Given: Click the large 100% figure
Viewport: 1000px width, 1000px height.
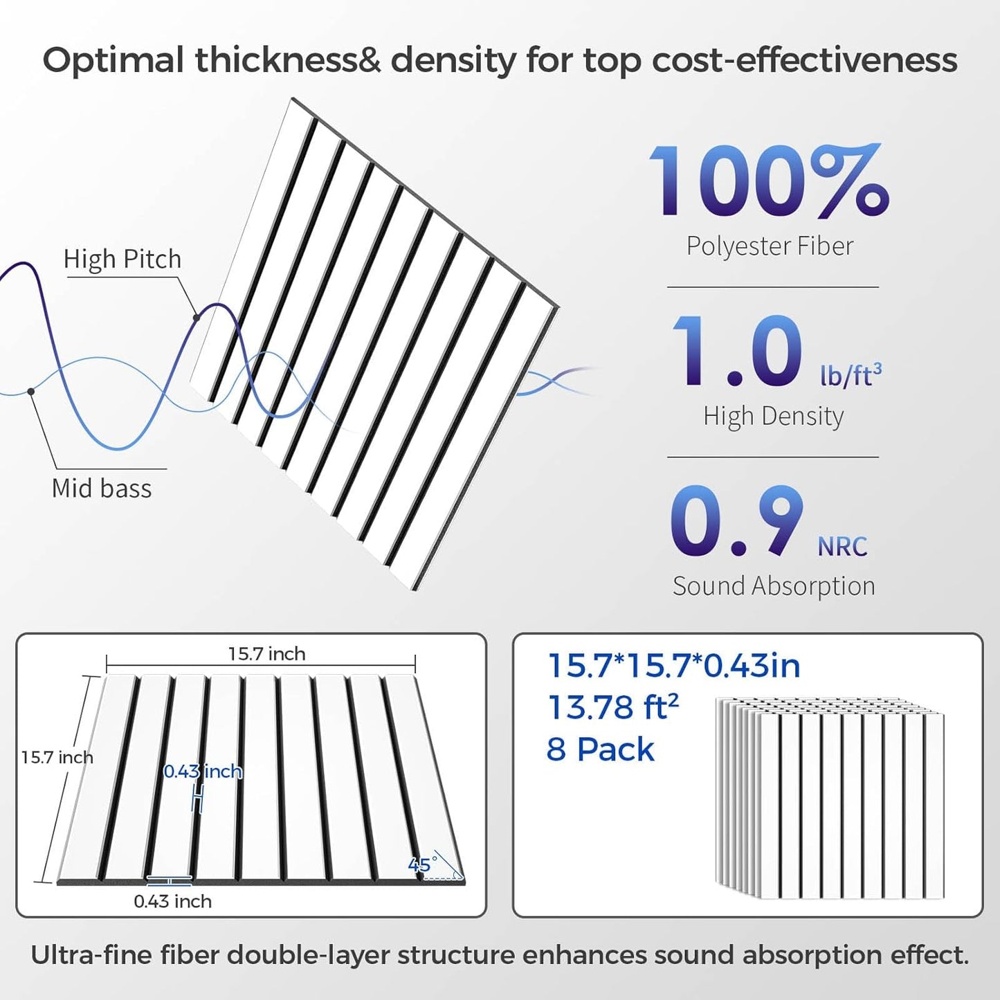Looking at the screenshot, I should point(768,181).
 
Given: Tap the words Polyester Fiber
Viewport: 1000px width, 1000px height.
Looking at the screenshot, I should point(770,246).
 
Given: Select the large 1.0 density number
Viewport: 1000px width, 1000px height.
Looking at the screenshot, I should point(737,351).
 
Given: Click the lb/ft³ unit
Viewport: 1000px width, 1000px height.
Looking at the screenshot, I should point(851,374).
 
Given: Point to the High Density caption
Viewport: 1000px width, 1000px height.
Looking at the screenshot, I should point(773,417).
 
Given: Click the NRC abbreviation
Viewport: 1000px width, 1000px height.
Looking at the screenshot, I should point(842,547).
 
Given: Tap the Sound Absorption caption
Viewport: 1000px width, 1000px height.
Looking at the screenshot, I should point(774,586).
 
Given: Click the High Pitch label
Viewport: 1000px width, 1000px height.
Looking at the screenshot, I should point(122,260).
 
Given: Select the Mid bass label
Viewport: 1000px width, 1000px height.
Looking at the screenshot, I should point(102,489).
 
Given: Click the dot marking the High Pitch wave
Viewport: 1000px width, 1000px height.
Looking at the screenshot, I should point(197,318).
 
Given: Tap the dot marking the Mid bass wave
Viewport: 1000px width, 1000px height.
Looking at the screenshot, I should point(31,392).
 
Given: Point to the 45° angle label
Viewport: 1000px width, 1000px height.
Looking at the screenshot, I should point(422,864).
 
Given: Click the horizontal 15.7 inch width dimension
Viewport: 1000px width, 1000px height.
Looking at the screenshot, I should point(266,654).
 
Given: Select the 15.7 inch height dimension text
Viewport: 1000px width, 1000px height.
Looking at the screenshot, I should point(57,758).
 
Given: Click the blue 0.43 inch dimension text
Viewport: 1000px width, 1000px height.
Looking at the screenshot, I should point(203,772).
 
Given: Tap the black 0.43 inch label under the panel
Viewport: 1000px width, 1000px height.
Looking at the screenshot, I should point(172,901).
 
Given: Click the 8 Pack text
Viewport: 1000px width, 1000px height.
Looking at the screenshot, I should point(600,749).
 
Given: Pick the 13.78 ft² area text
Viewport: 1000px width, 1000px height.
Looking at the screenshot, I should point(612,707).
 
